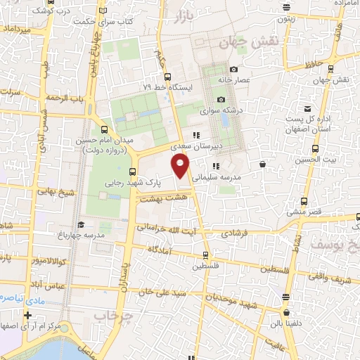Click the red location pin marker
[181, 165]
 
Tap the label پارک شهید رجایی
[134, 181]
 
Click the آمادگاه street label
[164, 250]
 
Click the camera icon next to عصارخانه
[233, 70]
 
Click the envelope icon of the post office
[307, 108]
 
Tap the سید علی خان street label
[160, 291]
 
